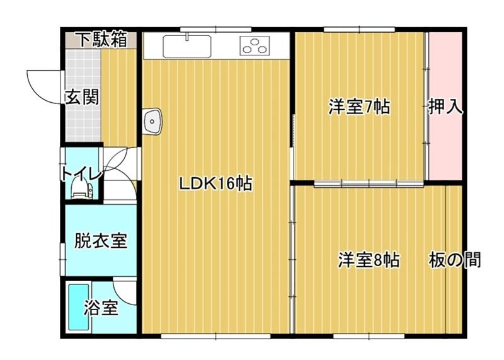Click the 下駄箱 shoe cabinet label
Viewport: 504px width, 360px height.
pos(101,39)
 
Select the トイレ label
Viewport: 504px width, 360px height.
pos(78,174)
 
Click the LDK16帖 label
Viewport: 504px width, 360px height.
pos(215,184)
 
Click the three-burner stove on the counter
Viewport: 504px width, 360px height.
pos(255,46)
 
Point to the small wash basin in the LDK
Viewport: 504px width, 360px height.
pos(153,122)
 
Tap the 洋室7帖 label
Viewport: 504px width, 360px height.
pos(358,107)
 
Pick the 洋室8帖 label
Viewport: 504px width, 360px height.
pos(369,260)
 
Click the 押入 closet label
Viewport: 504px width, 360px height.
pos(446,107)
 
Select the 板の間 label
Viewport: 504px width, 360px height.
pos(455,260)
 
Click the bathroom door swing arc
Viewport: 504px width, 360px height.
pos(126,291)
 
